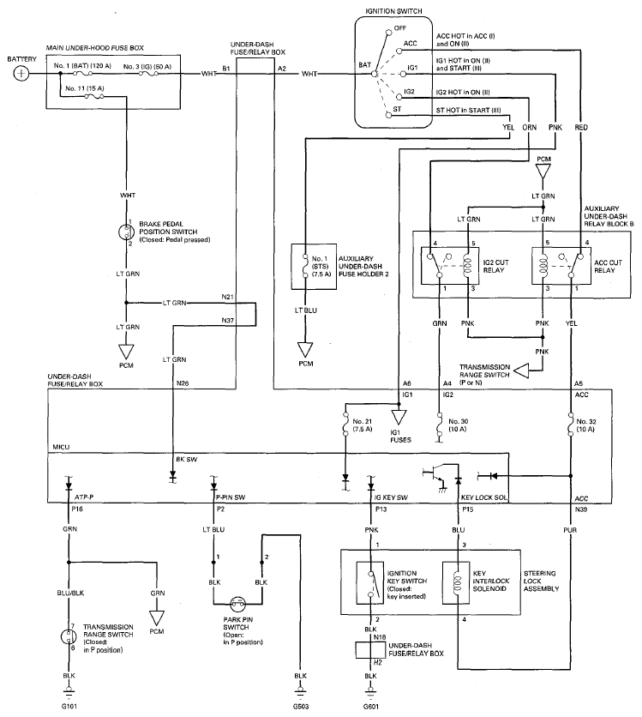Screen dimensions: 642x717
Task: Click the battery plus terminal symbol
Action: pyautogui.click(x=21, y=73)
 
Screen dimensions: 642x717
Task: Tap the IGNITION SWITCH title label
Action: pyautogui.click(x=393, y=11)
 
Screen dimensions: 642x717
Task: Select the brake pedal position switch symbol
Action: pyautogui.click(x=125, y=232)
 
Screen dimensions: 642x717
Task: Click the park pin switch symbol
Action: pyautogui.click(x=237, y=604)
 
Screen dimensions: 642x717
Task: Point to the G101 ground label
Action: pyautogui.click(x=69, y=706)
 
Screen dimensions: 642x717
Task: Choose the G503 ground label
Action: pyautogui.click(x=301, y=706)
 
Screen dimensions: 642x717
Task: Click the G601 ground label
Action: pyautogui.click(x=370, y=706)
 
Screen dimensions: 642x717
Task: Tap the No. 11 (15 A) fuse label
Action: pyautogui.click(x=85, y=88)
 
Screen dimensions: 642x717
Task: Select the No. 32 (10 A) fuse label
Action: pyautogui.click(x=585, y=425)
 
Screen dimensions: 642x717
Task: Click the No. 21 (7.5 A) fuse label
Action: pyautogui.click(x=363, y=425)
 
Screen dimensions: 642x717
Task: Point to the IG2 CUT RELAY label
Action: pyautogui.click(x=495, y=266)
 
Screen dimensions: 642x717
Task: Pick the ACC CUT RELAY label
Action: pyautogui.click(x=608, y=266)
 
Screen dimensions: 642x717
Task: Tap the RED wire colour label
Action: pyautogui.click(x=581, y=127)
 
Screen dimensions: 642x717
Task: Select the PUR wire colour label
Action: pyautogui.click(x=570, y=530)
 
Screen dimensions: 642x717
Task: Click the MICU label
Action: pyautogui.click(x=61, y=447)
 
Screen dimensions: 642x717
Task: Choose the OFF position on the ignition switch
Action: pyautogui.click(x=399, y=28)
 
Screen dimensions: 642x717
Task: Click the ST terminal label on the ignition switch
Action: pyautogui.click(x=397, y=109)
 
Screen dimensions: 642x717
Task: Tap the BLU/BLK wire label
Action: pyautogui.click(x=71, y=593)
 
